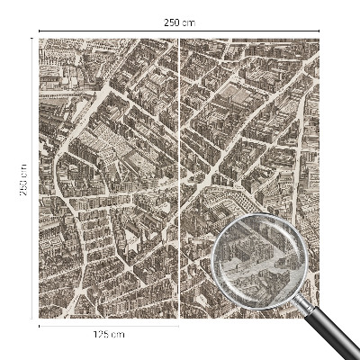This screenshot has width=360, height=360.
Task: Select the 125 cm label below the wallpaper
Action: [109, 335]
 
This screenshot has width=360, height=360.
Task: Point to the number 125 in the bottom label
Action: [103, 335]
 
